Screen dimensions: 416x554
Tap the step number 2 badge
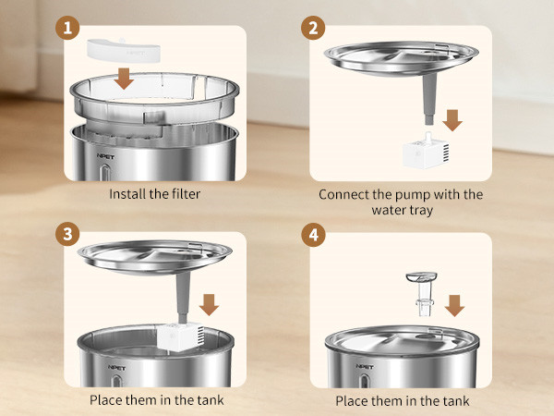(314, 28)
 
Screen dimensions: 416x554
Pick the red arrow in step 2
(452, 119)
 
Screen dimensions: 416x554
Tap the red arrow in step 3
(209, 304)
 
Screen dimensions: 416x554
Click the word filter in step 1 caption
(181, 194)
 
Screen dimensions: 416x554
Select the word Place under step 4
(354, 400)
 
